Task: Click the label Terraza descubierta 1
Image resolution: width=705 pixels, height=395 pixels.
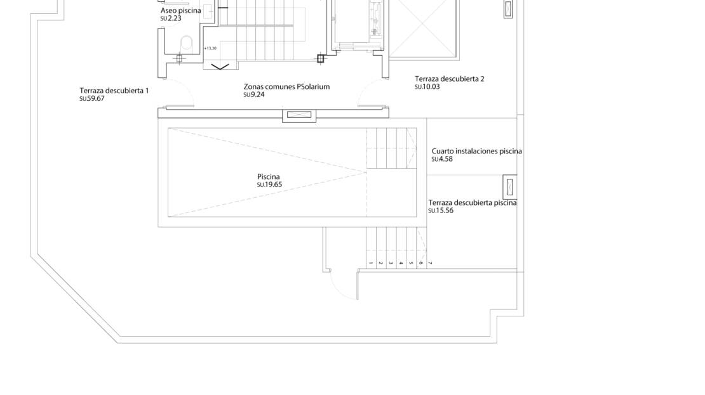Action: [x=114, y=91]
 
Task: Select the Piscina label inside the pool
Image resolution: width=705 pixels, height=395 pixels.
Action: [x=269, y=177]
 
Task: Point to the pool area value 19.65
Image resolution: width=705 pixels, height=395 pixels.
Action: [x=273, y=185]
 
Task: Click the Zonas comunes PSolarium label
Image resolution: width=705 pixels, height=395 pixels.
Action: [x=287, y=87]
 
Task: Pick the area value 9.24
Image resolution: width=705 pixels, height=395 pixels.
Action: [x=257, y=94]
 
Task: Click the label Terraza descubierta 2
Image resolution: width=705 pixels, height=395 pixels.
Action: [x=450, y=79]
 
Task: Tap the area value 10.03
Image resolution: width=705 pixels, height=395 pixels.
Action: [x=431, y=87]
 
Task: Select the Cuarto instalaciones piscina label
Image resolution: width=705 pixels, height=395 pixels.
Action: [x=476, y=152]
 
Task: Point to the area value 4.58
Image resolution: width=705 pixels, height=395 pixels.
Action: [x=445, y=159]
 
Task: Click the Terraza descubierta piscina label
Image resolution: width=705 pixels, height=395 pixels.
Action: [x=473, y=203]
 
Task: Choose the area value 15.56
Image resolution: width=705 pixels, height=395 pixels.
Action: [x=444, y=211]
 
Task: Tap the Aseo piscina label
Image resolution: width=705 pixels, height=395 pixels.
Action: [x=181, y=11]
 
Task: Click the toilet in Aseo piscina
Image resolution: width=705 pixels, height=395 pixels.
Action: [x=186, y=44]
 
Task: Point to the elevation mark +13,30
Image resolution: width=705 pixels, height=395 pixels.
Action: [x=210, y=48]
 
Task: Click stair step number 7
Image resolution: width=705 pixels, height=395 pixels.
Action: [x=430, y=263]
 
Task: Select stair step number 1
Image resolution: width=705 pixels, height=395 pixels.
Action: [x=370, y=263]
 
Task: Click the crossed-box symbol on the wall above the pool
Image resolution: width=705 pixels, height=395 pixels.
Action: [x=299, y=115]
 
